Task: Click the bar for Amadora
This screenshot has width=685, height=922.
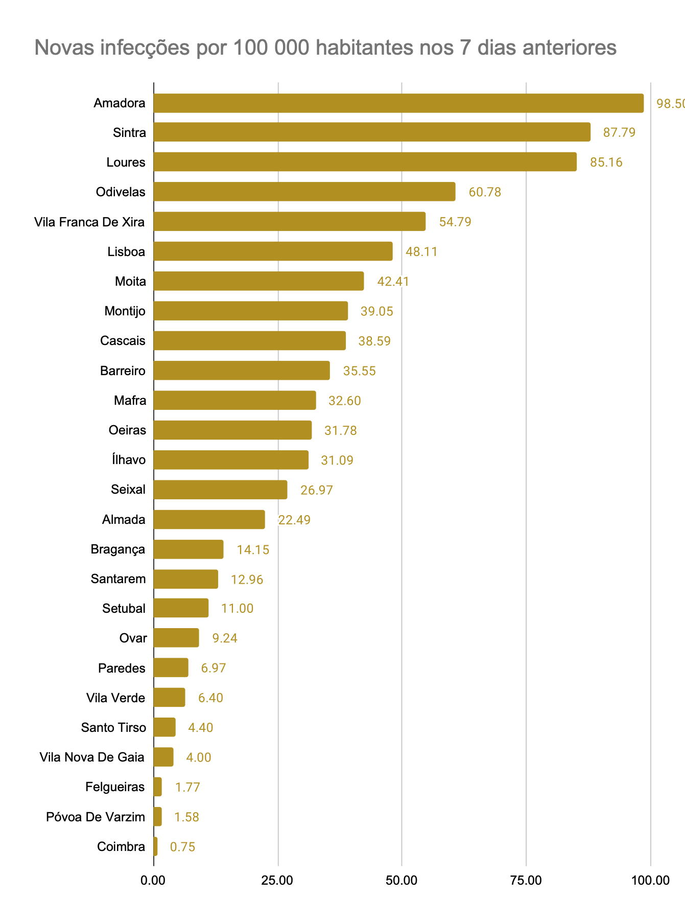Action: click(398, 103)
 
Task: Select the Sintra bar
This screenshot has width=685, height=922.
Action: click(372, 133)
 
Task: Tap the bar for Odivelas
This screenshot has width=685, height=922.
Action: click(304, 192)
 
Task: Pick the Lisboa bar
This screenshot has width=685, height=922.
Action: click(273, 251)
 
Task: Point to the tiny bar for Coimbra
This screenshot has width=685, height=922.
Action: click(156, 847)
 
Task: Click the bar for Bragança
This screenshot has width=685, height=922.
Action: click(188, 549)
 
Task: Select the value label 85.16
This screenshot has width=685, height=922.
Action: click(606, 163)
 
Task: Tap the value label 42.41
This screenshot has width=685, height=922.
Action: click(393, 282)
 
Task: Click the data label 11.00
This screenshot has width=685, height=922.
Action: click(237, 609)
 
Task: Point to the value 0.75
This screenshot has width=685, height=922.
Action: click(182, 847)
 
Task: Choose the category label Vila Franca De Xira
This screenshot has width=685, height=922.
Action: click(89, 222)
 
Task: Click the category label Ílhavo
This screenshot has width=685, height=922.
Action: click(129, 460)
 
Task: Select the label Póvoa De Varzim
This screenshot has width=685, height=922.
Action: click(96, 817)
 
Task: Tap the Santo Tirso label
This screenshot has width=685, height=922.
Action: click(113, 728)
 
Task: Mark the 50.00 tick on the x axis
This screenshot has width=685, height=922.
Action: click(402, 881)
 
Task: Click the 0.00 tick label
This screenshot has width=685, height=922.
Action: click(154, 881)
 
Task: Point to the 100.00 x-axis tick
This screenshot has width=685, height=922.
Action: click(650, 881)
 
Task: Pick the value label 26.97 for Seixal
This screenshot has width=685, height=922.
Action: click(316, 491)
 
